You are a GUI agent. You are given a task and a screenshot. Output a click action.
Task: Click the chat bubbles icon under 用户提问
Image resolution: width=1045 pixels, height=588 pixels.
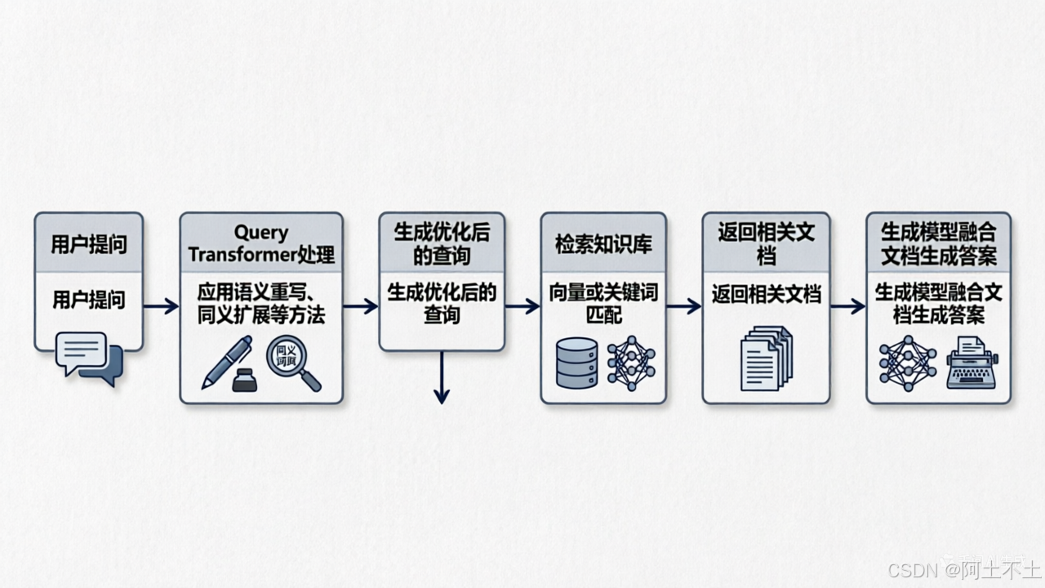click(x=89, y=359)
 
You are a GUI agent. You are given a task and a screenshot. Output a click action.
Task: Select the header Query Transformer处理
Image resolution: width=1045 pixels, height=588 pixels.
click(x=261, y=243)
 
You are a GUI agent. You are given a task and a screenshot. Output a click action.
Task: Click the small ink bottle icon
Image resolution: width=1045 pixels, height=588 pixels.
click(x=244, y=380)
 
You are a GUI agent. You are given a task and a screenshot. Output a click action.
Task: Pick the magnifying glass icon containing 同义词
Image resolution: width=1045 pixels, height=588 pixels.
click(x=292, y=363)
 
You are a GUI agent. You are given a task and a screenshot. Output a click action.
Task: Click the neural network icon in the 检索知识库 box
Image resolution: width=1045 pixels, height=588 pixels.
click(x=630, y=363)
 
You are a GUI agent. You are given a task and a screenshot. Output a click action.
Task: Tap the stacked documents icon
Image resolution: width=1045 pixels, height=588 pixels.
click(x=766, y=358)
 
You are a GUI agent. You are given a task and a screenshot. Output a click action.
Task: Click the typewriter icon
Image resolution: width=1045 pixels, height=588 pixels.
click(x=972, y=362)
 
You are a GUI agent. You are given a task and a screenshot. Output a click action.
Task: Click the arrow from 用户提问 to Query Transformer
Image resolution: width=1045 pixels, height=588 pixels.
click(x=161, y=306)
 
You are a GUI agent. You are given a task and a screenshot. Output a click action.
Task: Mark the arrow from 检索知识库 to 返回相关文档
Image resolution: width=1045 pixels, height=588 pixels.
click(x=684, y=306)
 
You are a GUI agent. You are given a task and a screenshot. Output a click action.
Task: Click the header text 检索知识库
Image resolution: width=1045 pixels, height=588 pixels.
click(x=603, y=244)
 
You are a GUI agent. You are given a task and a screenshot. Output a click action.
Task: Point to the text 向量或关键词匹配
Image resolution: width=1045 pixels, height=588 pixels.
click(x=603, y=303)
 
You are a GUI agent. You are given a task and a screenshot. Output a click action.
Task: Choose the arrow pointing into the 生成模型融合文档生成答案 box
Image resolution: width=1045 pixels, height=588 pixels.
click(x=847, y=306)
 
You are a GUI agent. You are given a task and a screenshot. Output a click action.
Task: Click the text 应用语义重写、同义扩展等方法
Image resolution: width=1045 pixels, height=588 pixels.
click(x=261, y=303)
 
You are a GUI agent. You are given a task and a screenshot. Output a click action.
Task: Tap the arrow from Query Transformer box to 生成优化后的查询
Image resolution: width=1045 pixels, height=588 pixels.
click(x=360, y=306)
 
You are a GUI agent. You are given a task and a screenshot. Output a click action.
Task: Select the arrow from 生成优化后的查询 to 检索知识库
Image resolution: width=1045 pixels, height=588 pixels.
click(x=522, y=306)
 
